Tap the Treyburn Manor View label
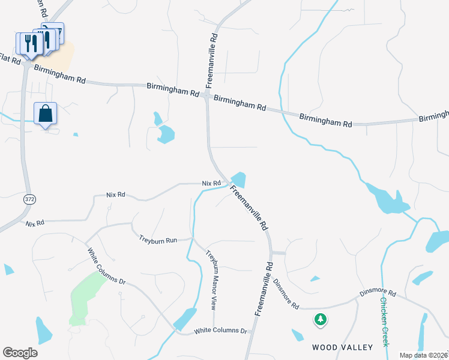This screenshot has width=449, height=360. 211,279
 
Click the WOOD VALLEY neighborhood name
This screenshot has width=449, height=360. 342,347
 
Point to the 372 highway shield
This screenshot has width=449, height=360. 29,199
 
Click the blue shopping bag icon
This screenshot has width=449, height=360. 46,113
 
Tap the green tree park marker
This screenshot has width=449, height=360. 321,319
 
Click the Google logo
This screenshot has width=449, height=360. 20,353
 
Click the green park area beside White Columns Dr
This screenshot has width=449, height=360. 84,297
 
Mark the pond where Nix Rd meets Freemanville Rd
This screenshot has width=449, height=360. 238,179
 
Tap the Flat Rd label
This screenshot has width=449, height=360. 11,61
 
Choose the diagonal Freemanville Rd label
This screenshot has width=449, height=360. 247,208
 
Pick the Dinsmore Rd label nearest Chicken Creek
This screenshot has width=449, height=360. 378,293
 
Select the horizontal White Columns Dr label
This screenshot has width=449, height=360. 221,331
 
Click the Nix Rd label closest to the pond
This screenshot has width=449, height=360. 211,183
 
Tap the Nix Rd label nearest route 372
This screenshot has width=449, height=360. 35,223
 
